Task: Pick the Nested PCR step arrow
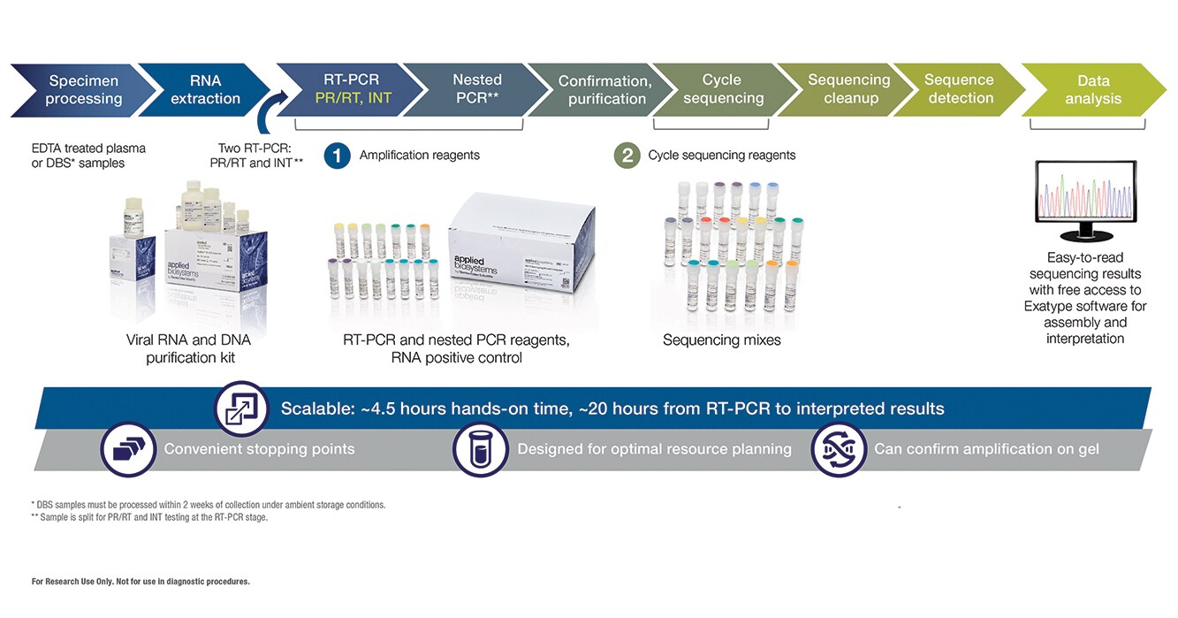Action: click(x=477, y=89)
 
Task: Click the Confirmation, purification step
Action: click(x=606, y=90)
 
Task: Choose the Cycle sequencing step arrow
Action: click(x=722, y=89)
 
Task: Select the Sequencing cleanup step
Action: click(x=849, y=89)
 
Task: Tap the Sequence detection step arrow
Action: click(x=960, y=89)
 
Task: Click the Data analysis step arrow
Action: click(x=1092, y=89)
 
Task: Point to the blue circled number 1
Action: click(x=337, y=156)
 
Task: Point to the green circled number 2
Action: click(x=627, y=156)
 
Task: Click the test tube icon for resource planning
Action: click(x=480, y=449)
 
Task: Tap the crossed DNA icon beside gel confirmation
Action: click(x=838, y=449)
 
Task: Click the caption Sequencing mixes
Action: click(x=722, y=340)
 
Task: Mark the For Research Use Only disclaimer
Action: click(x=141, y=582)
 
